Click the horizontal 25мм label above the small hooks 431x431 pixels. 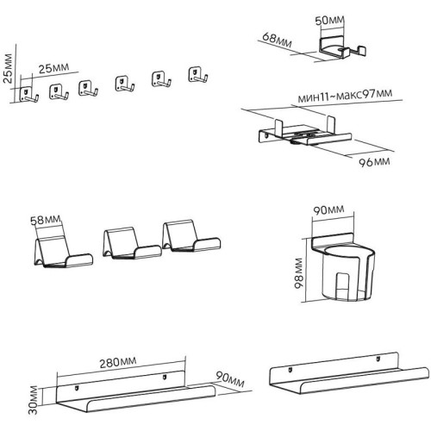(56, 68)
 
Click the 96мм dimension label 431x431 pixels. (372, 161)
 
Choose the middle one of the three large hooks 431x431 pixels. (130, 243)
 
